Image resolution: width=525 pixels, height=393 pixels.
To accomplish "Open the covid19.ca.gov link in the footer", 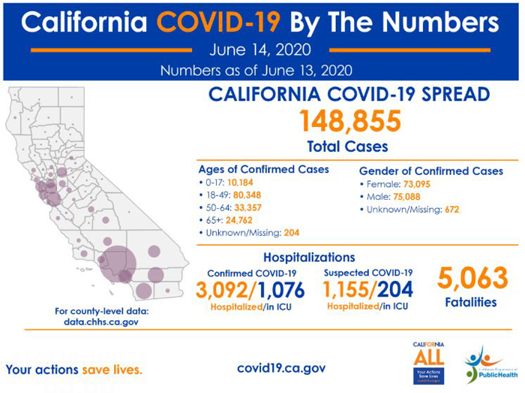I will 280,368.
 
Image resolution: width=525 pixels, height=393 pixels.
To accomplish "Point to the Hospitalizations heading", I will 309,257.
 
